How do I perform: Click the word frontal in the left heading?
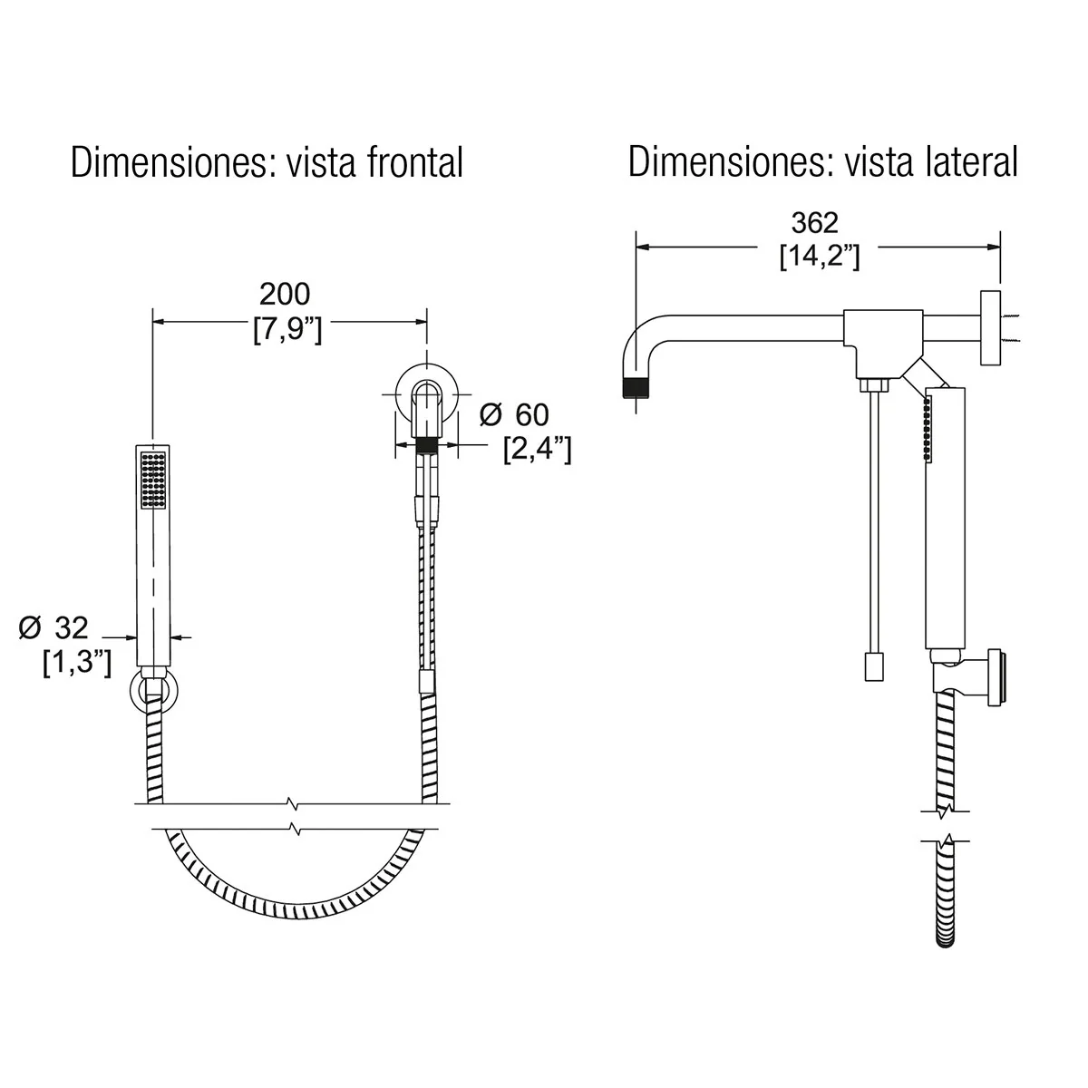point(414,162)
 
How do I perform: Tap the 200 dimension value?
point(285,294)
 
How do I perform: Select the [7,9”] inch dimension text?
point(287,329)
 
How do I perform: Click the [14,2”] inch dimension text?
point(820,257)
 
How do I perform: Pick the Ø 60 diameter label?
point(514,415)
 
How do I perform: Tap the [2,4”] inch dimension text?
point(537,450)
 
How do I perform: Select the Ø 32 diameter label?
point(53,627)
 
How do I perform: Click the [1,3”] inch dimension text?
point(77,662)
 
